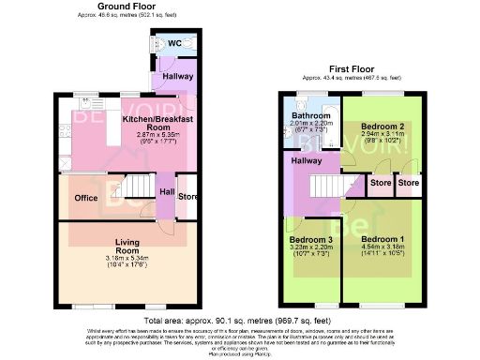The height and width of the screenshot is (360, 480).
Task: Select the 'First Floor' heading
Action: (350, 68)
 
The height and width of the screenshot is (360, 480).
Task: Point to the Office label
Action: (87, 198)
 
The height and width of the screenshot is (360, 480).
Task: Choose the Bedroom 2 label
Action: (383, 126)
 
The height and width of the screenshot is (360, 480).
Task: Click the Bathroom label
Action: (309, 116)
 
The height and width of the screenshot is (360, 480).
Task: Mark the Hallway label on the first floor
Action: (306, 160)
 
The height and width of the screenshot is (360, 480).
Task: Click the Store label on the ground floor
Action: (187, 197)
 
